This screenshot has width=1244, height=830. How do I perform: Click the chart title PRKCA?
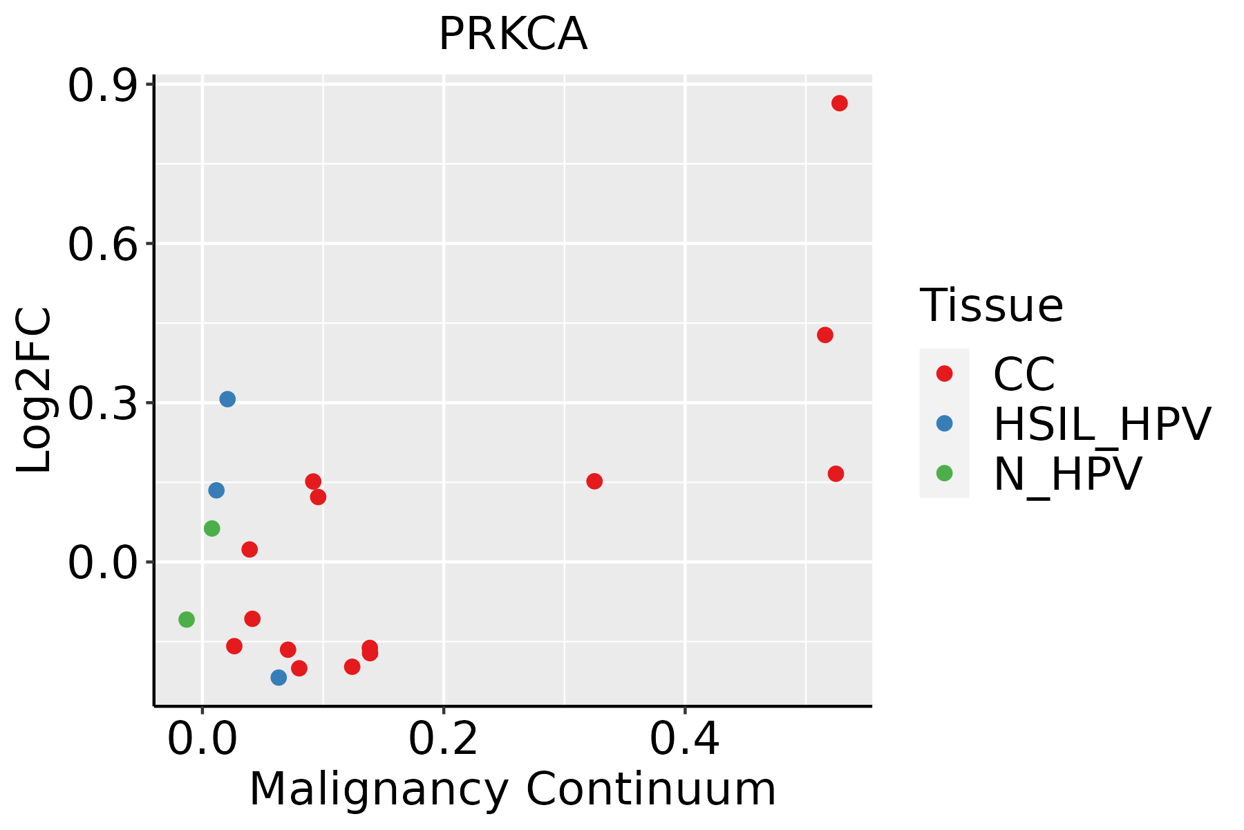tap(513, 35)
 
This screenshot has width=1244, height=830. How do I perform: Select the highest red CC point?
tap(839, 103)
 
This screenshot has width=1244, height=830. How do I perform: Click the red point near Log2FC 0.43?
tap(824, 335)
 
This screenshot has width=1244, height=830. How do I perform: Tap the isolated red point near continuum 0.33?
tap(594, 481)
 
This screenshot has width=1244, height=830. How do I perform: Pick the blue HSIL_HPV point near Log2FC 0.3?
tap(227, 399)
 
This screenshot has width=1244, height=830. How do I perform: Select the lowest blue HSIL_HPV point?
tap(279, 677)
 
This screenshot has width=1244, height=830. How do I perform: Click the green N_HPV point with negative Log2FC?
tap(187, 619)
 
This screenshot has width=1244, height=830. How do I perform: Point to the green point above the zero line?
tap(212, 528)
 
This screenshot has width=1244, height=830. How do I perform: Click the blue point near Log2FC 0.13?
tap(216, 490)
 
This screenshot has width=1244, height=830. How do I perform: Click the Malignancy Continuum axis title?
tap(512, 789)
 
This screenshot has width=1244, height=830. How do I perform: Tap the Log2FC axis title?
tap(35, 390)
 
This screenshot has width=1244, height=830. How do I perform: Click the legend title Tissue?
tap(991, 306)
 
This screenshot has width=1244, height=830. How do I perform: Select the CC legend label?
tap(1024, 374)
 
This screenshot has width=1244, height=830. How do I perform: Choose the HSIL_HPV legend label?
tap(1102, 424)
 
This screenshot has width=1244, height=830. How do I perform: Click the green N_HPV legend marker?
tap(944, 474)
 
